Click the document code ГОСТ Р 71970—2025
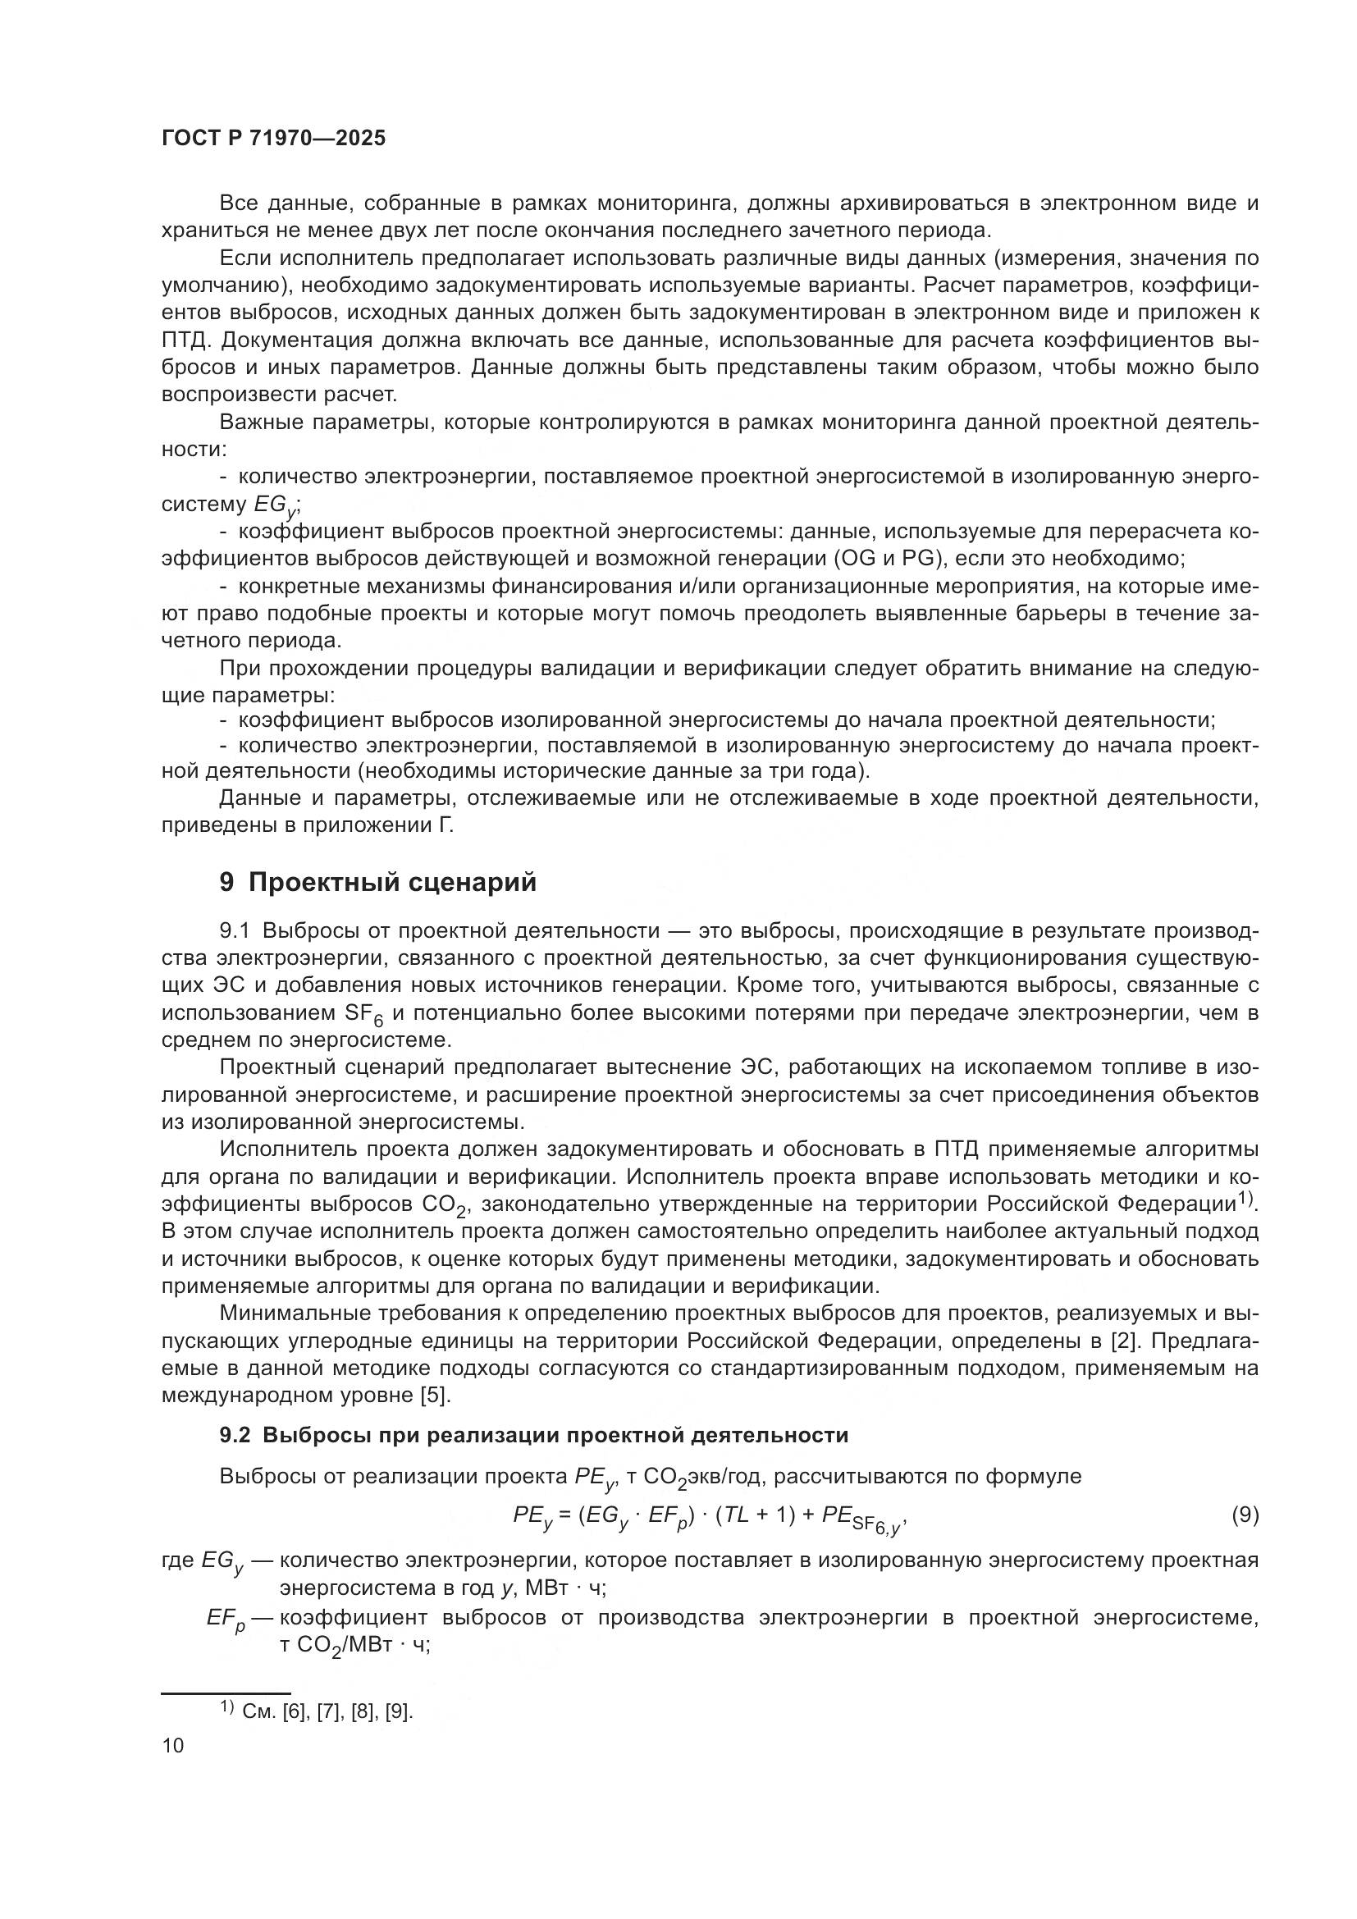(x=273, y=139)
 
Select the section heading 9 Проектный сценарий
(x=377, y=883)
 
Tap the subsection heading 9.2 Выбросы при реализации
(x=534, y=1435)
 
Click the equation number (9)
(x=1245, y=1515)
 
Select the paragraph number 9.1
(x=236, y=931)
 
